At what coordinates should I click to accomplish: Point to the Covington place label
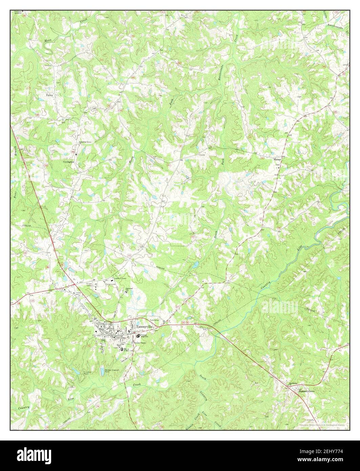pyautogui.click(x=69, y=162)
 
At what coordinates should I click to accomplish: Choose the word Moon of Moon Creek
pyautogui.click(x=48, y=41)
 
